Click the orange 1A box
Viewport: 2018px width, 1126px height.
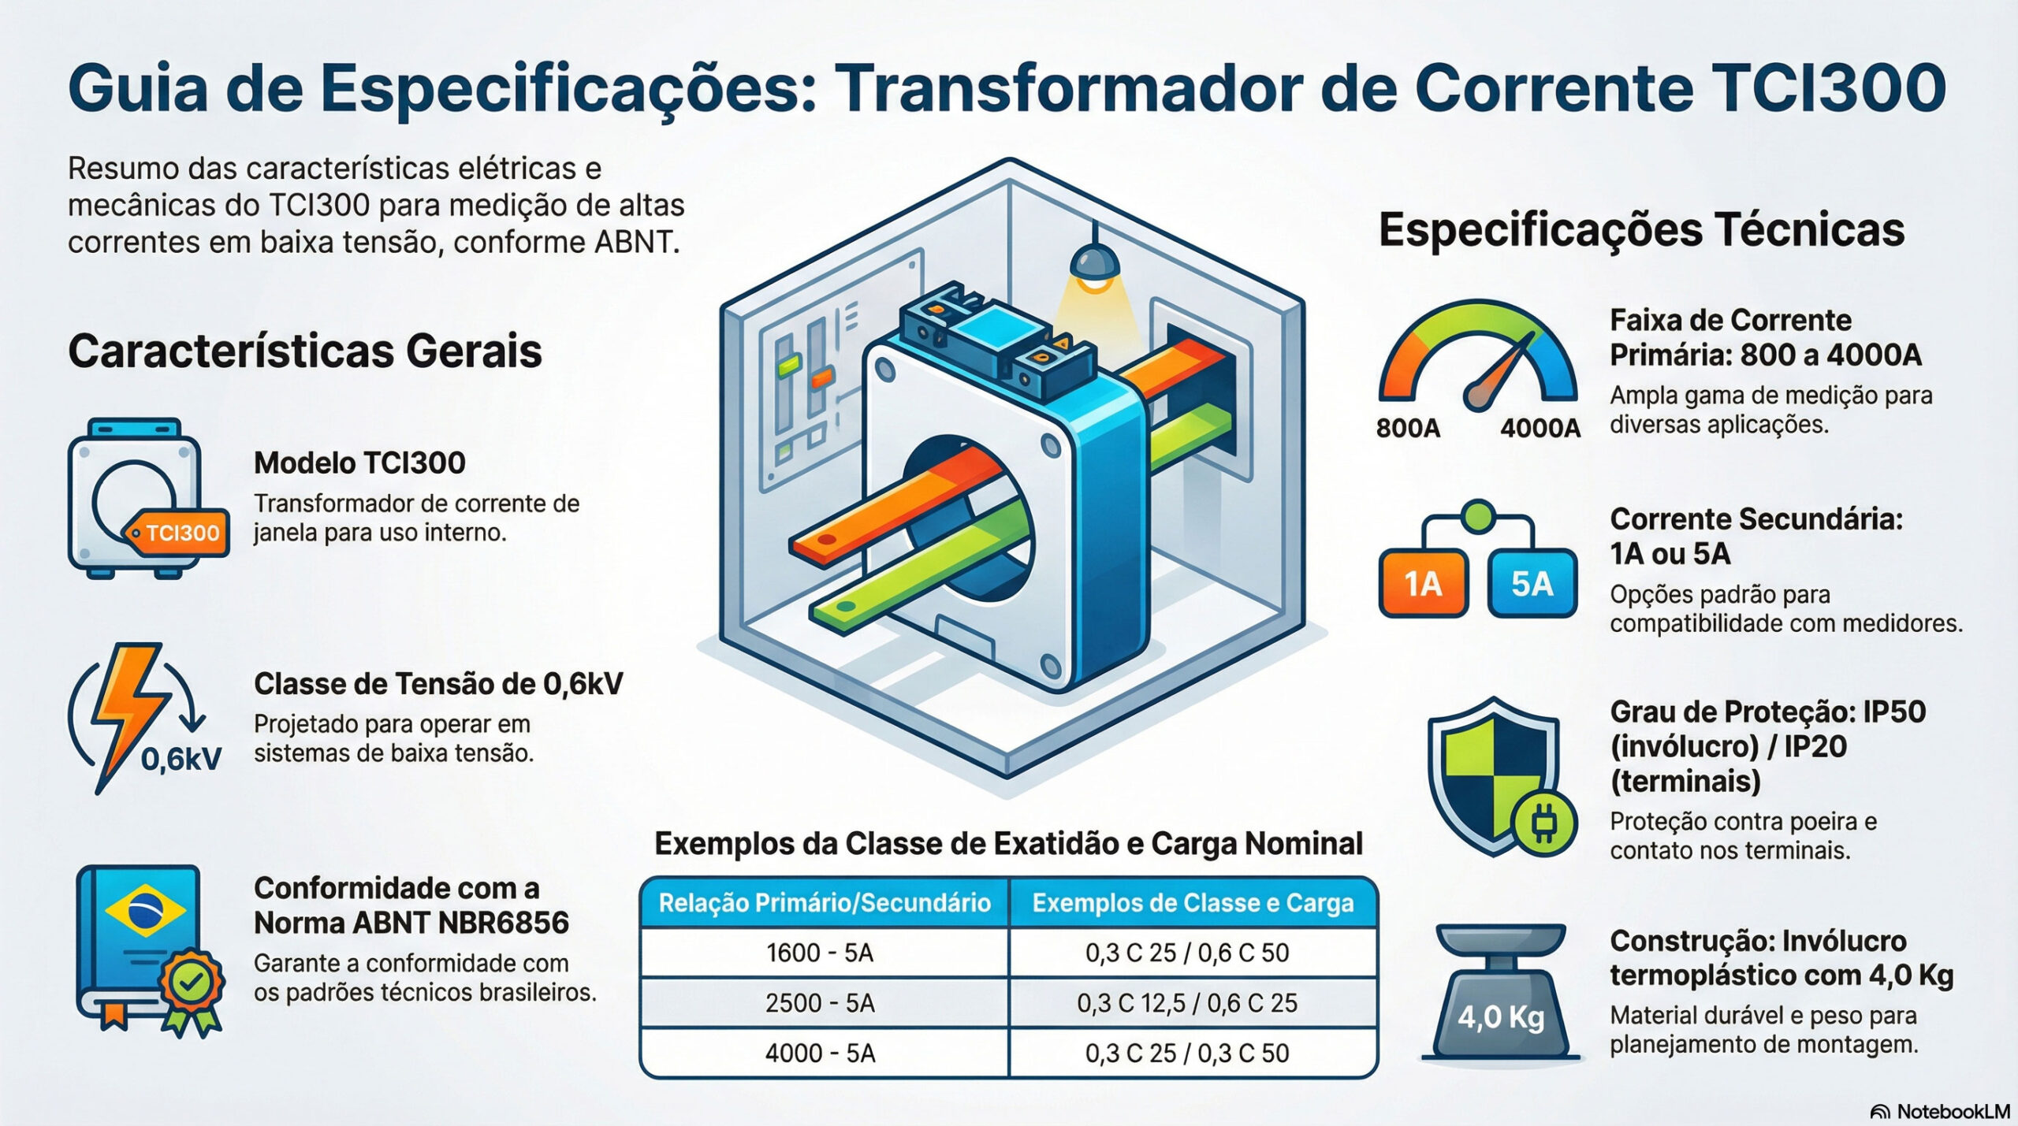1424,584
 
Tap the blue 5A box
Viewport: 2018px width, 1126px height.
1532,584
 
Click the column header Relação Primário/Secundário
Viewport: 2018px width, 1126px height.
825,903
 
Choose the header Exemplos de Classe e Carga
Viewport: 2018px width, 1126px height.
1193,903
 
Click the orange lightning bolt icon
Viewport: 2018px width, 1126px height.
131,713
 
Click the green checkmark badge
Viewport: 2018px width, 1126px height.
192,982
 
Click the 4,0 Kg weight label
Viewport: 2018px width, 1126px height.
1500,1017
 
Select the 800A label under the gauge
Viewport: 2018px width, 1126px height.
1408,428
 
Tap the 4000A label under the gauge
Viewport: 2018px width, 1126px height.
1540,428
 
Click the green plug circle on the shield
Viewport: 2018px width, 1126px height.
1543,824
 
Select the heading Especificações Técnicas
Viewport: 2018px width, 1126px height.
1641,231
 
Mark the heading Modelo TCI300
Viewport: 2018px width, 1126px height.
359,463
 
